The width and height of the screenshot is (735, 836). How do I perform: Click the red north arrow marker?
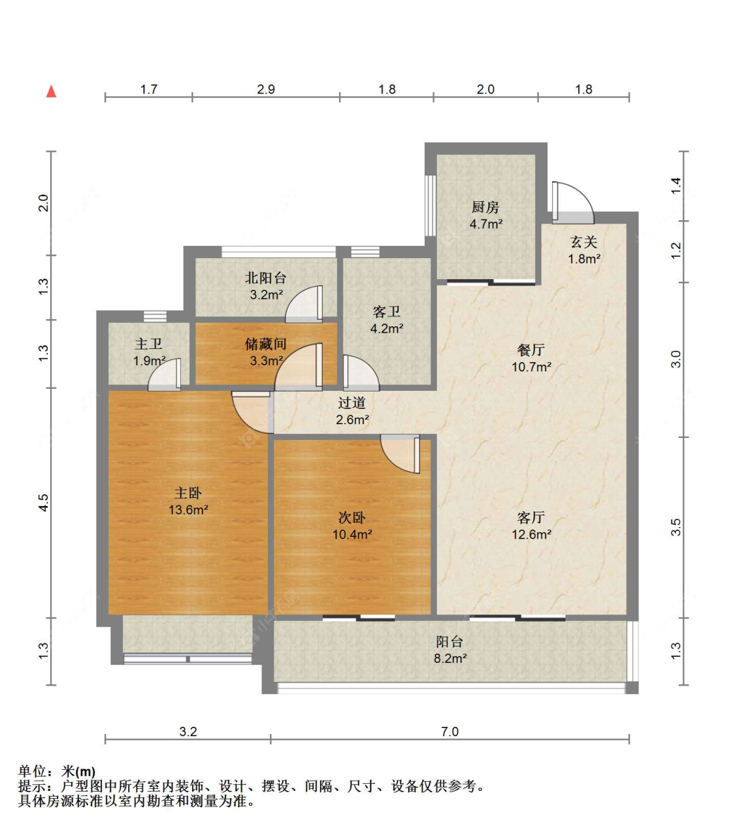(51, 92)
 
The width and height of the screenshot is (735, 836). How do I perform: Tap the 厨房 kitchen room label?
(485, 207)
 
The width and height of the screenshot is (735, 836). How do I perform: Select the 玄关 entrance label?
(584, 242)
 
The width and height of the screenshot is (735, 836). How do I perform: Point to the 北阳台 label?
(266, 278)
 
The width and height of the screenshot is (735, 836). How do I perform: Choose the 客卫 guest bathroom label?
(386, 312)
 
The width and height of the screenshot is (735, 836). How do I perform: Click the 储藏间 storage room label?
(266, 344)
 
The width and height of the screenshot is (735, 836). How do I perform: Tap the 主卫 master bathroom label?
(148, 344)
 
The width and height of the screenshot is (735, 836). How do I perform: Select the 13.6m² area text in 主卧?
(188, 510)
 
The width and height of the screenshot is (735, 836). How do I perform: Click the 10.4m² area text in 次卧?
(352, 534)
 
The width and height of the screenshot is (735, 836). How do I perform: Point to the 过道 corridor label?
(352, 403)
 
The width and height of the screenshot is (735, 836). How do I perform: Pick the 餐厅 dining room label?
(531, 350)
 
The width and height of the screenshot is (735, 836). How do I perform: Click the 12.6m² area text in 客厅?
(531, 534)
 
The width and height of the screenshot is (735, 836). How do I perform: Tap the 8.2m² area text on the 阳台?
(450, 658)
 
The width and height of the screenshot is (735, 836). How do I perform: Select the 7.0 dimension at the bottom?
(449, 731)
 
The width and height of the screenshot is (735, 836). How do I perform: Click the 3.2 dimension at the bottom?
(188, 731)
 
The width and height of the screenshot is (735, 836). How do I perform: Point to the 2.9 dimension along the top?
(266, 90)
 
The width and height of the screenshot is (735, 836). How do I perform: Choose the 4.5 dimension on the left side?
(43, 502)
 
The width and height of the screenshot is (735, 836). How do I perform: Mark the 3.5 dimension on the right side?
(676, 527)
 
